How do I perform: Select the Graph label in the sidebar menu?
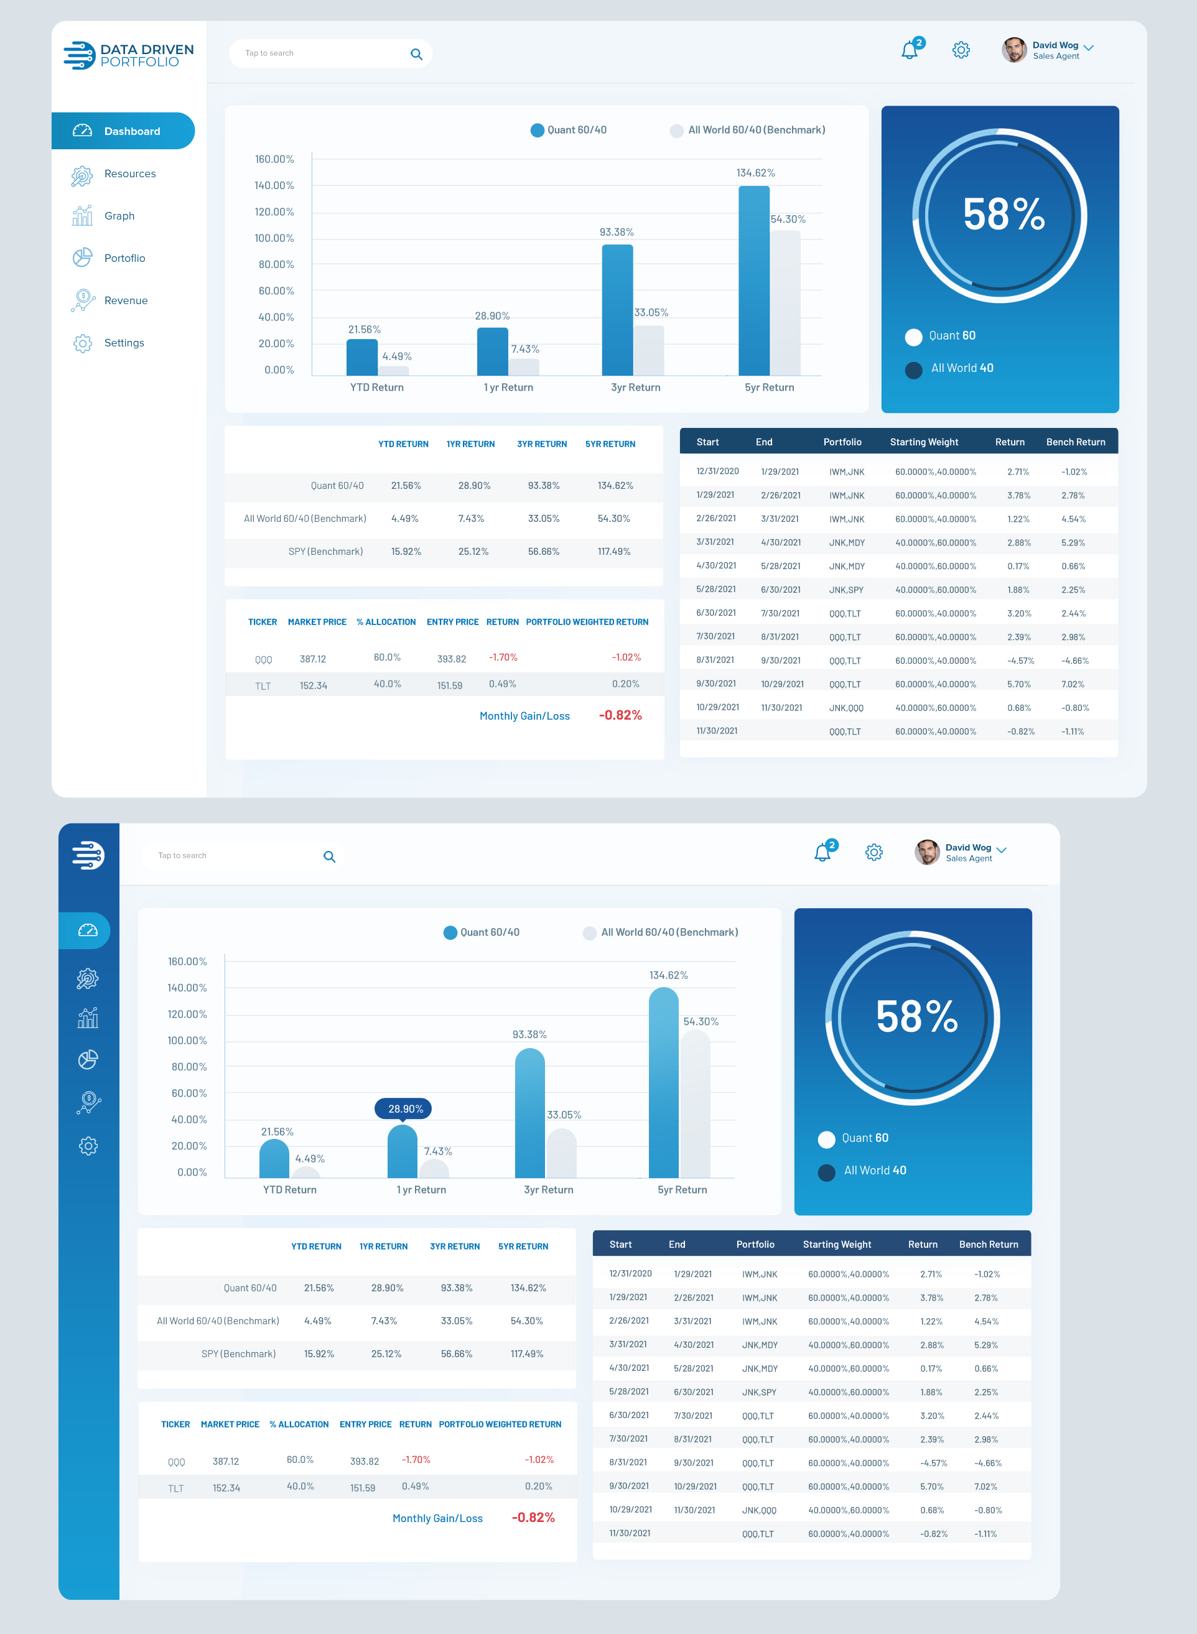[x=119, y=216]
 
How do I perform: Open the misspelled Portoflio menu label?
[x=124, y=259]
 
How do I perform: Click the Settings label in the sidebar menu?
[x=124, y=343]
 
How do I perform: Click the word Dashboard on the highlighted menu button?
[x=132, y=131]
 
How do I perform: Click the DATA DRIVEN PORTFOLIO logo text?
[x=146, y=55]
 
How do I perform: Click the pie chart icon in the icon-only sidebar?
[x=88, y=1060]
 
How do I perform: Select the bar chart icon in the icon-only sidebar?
[x=88, y=1018]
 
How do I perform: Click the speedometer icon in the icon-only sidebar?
[x=88, y=930]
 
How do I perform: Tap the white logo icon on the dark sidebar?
[x=88, y=855]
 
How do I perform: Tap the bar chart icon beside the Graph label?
[x=82, y=216]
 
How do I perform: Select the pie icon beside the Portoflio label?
[x=82, y=258]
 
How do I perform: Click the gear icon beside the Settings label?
[x=83, y=343]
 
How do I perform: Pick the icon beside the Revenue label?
[x=83, y=300]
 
